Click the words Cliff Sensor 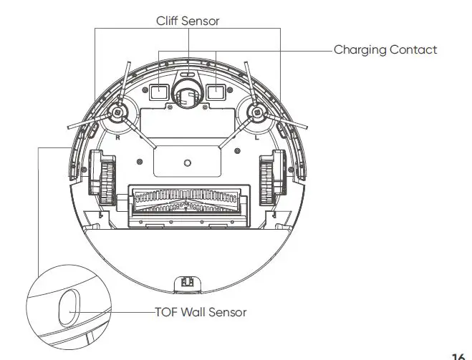188,21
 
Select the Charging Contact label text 385,49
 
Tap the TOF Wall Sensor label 201,312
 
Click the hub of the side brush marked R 116,112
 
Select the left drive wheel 102,176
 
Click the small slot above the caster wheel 187,74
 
